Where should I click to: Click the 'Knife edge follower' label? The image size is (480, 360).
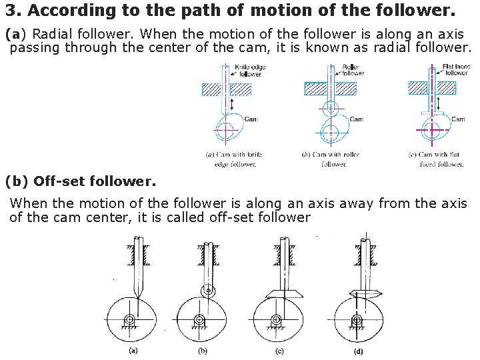[248, 71]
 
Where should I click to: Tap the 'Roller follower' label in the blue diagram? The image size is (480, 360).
[352, 71]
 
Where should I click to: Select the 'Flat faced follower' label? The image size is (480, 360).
[456, 71]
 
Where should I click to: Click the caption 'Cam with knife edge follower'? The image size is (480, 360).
[231, 159]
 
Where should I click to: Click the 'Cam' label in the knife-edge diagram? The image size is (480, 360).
[251, 119]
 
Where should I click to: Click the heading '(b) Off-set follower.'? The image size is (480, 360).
[80, 181]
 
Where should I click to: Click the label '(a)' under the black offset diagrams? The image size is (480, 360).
[133, 349]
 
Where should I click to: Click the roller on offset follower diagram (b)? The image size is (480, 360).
[209, 291]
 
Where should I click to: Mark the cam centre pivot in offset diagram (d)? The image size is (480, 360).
[357, 321]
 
